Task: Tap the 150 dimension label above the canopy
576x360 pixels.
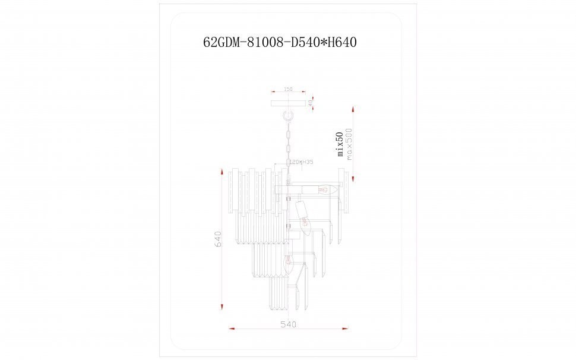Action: point(288,89)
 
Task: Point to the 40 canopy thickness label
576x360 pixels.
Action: point(311,103)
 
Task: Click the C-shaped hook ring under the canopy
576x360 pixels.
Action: point(289,115)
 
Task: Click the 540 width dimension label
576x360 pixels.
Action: point(288,324)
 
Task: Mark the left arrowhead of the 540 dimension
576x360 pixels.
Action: point(232,328)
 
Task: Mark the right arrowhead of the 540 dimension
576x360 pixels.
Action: point(346,328)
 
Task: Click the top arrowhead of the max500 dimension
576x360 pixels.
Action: point(353,110)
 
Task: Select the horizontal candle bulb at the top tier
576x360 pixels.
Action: point(324,190)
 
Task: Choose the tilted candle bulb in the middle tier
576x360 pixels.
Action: point(304,219)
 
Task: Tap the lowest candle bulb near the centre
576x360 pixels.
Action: point(289,263)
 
